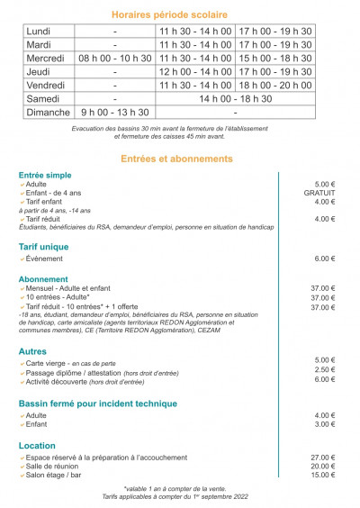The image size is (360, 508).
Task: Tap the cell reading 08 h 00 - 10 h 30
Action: click(115, 58)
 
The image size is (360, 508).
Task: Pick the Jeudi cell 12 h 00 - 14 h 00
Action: click(195, 71)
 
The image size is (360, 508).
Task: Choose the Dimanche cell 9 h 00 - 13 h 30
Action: click(115, 113)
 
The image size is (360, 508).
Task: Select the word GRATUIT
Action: click(319, 193)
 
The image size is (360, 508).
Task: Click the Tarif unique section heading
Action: click(43, 246)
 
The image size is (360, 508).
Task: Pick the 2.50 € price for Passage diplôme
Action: click(325, 369)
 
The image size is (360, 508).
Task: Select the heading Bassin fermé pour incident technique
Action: click(97, 404)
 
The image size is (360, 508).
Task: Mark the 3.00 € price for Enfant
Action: click(325, 423)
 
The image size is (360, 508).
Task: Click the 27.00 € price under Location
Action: click(323, 457)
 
